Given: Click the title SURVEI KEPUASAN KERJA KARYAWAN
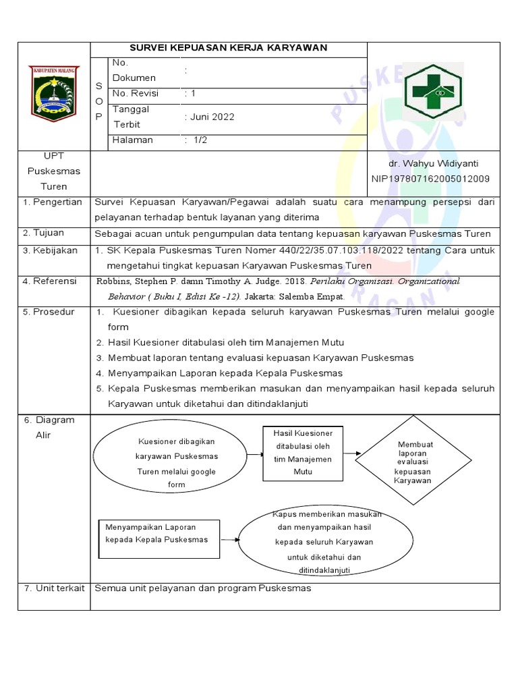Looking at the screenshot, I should coord(229,48).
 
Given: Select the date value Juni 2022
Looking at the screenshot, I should coord(210,117).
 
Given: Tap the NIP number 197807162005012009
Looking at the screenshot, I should coord(431,179).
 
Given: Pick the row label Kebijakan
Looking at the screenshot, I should coord(55,250).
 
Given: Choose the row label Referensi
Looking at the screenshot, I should coord(54,281).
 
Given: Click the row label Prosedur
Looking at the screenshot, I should coord(53,312).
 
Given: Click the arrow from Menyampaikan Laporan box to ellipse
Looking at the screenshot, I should coord(229,540).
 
